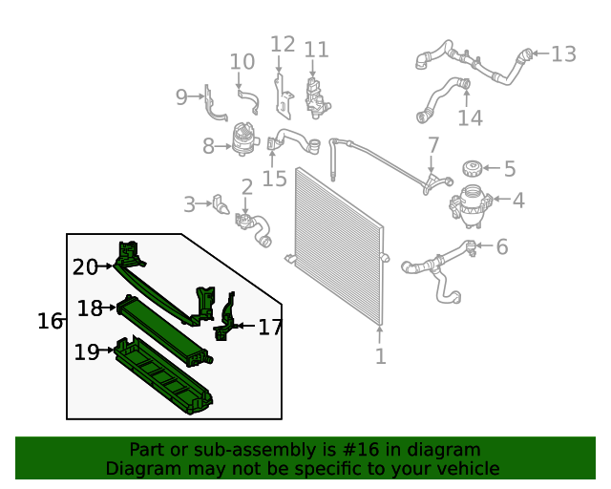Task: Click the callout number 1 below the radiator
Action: (x=380, y=356)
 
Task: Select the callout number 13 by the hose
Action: (x=563, y=53)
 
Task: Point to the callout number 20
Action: (x=85, y=267)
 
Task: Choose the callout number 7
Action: (x=432, y=145)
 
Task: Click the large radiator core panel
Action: (x=339, y=244)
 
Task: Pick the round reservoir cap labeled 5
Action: (x=470, y=169)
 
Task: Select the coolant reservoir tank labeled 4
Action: (x=469, y=205)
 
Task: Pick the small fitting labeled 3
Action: (x=221, y=204)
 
